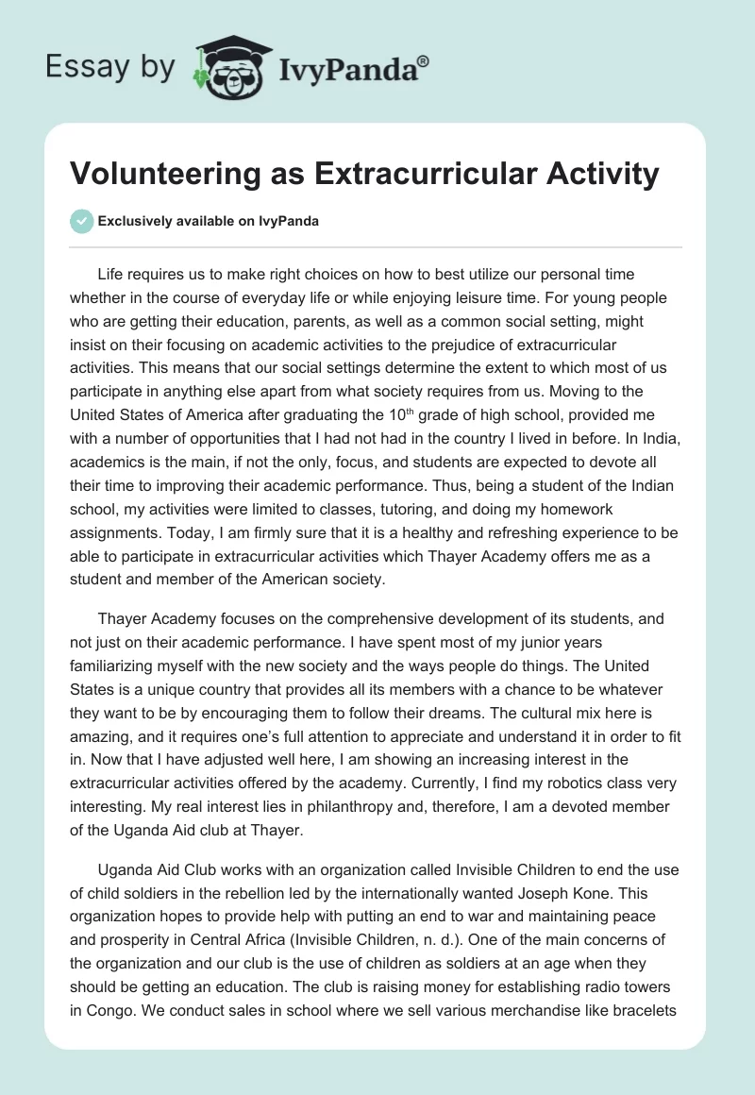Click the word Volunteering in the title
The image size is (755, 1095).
[159, 174]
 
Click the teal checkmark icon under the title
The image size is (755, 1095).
[81, 222]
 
